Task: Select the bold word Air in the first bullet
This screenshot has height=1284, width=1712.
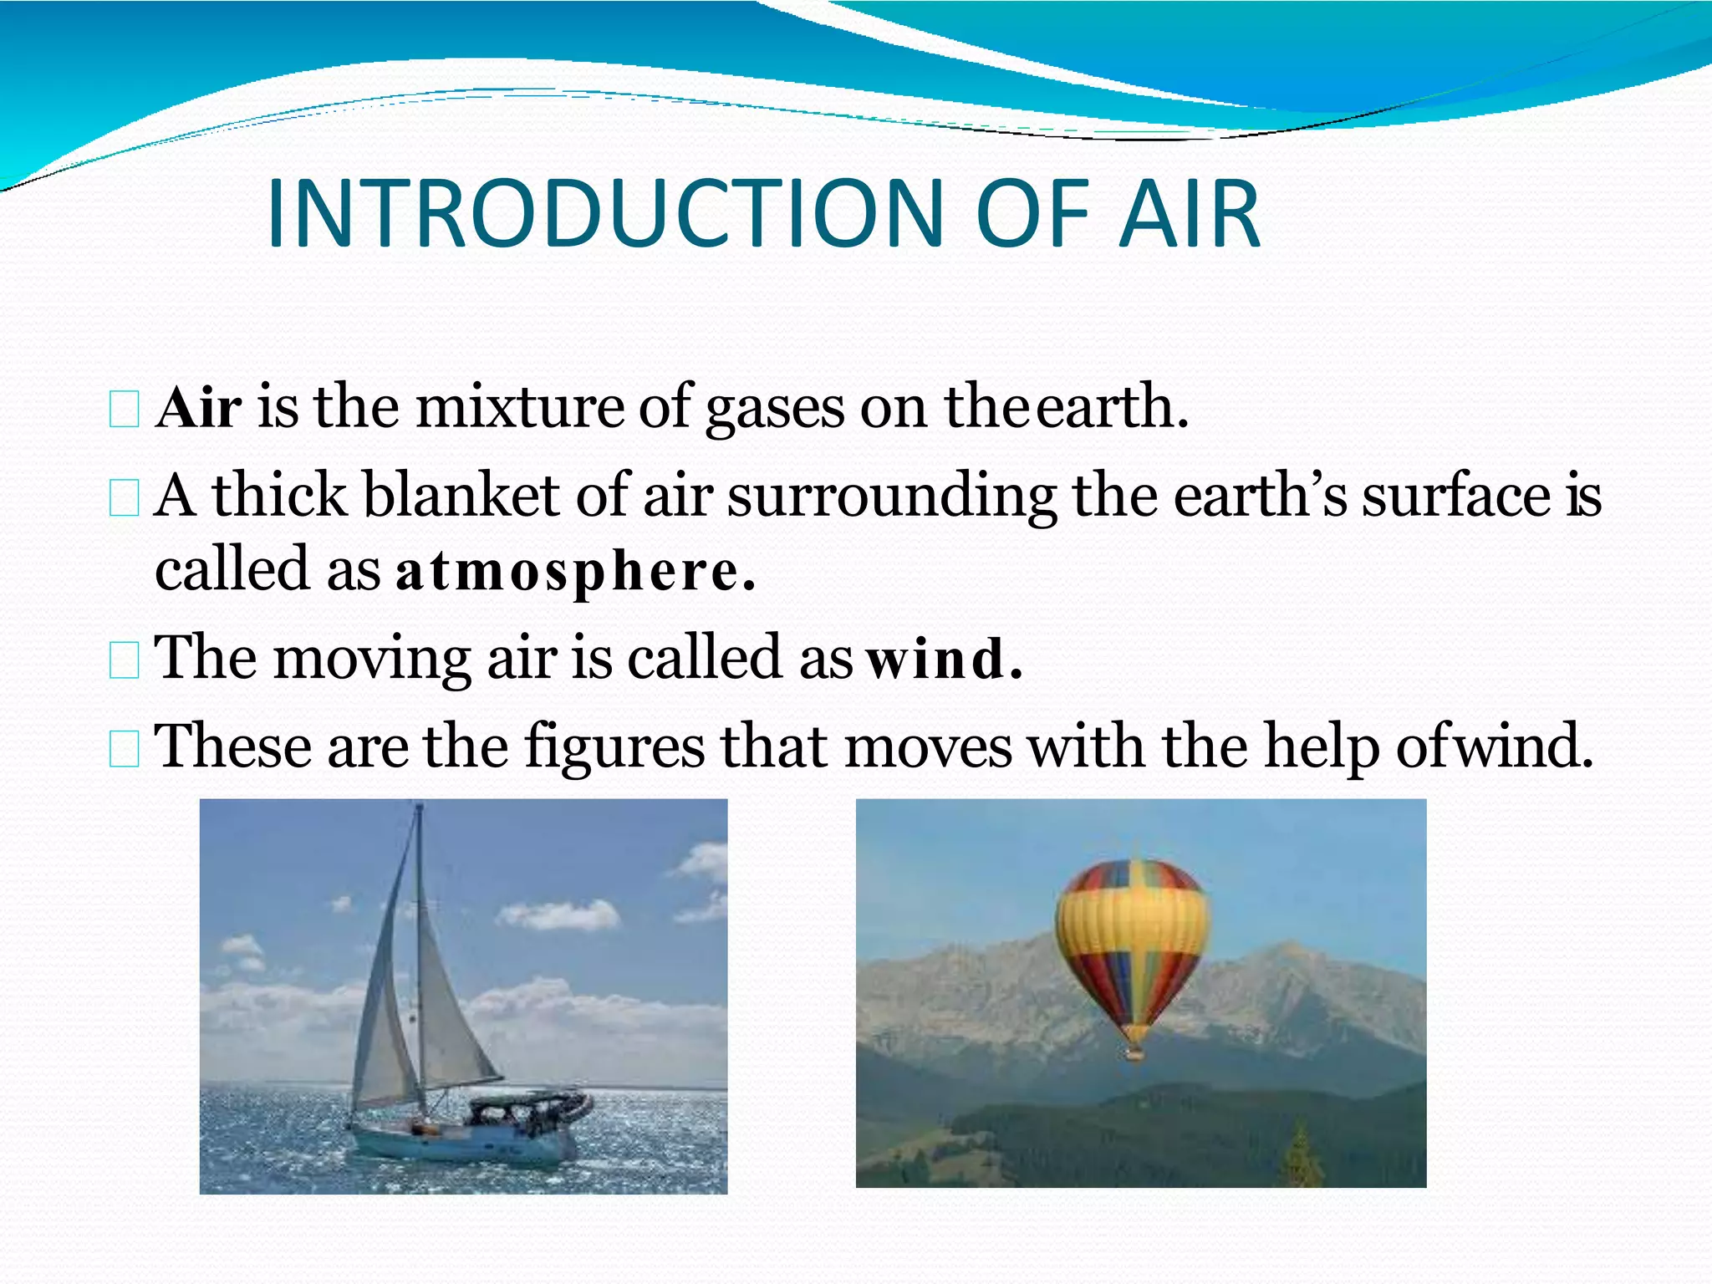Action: tap(199, 408)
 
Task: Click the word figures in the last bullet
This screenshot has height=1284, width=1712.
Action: tap(614, 747)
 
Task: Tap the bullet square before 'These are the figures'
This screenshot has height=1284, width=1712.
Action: tap(125, 749)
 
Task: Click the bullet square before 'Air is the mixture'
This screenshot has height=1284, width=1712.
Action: tap(125, 410)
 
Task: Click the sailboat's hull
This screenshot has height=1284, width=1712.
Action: tap(468, 1145)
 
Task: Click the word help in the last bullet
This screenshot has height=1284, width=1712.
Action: tap(1321, 747)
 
